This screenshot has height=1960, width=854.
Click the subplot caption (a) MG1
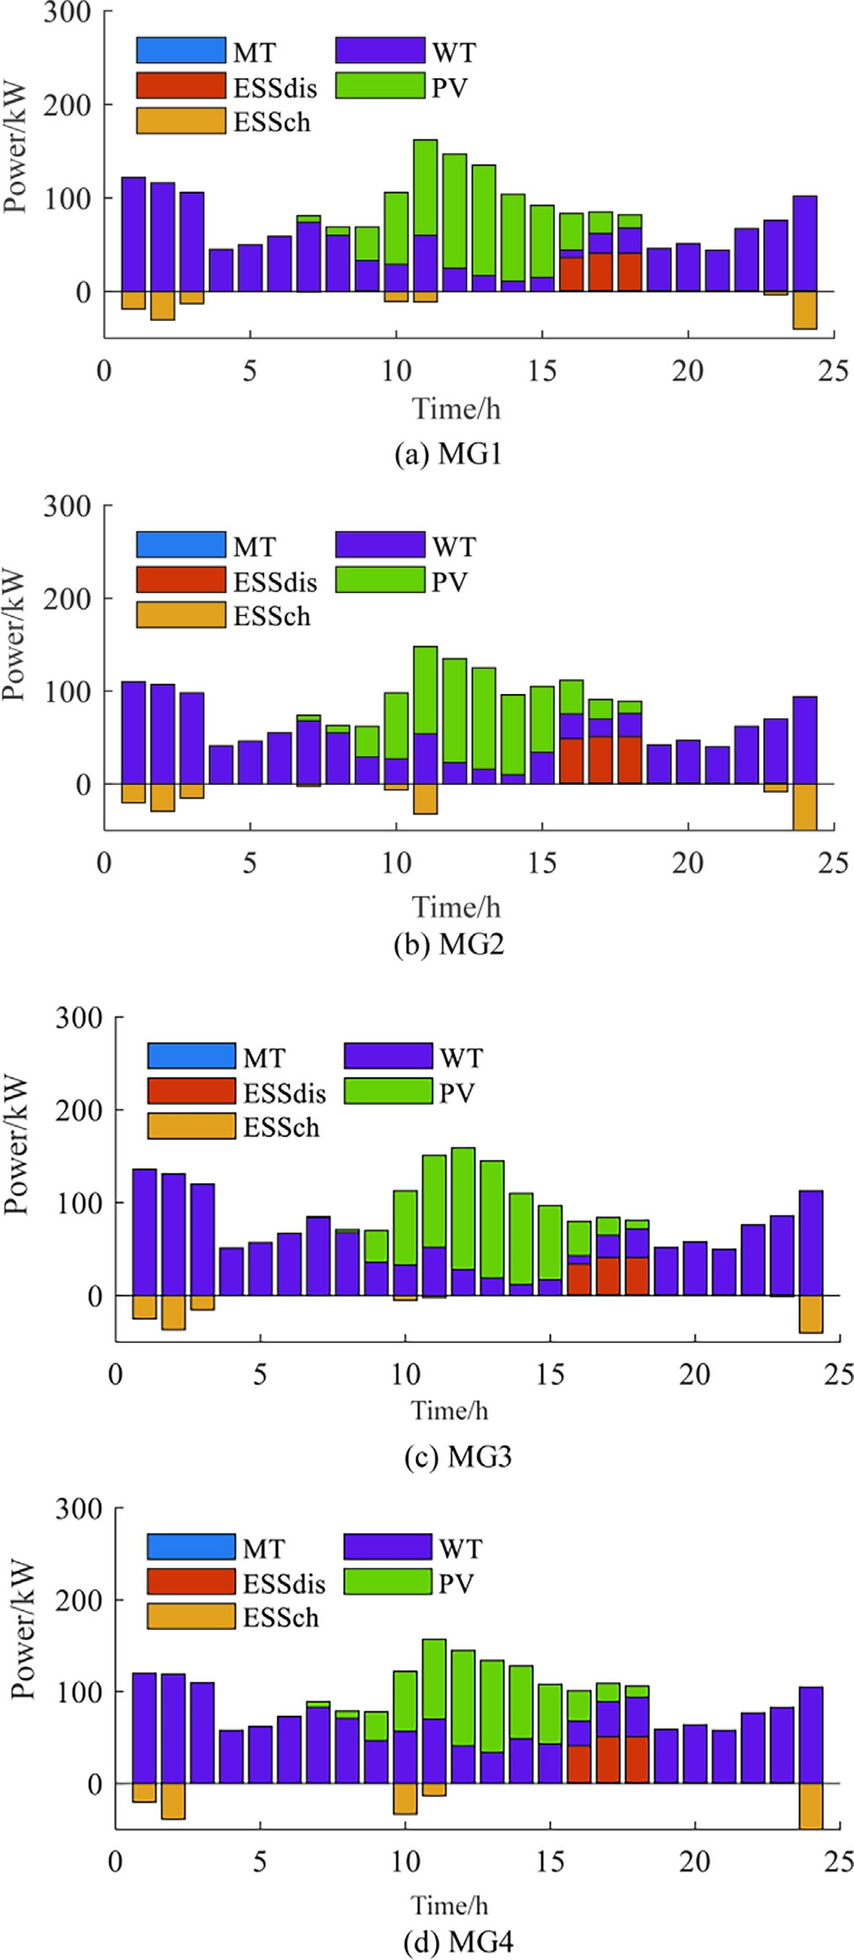click(448, 454)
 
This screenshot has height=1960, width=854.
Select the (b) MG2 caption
click(448, 944)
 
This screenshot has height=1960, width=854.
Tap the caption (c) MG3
click(457, 1456)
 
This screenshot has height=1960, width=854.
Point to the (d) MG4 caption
click(457, 1941)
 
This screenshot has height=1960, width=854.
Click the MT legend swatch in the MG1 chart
click(181, 51)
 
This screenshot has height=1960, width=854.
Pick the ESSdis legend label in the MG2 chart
click(275, 582)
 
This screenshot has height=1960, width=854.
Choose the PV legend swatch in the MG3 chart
click(388, 1092)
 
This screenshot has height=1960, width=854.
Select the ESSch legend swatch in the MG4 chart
click(191, 1616)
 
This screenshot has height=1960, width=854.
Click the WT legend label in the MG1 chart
click(454, 52)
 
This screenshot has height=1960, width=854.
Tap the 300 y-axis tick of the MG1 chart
click(67, 13)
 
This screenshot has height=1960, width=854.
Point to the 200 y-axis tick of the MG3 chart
click(78, 1110)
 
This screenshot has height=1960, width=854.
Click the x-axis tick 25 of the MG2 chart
click(833, 863)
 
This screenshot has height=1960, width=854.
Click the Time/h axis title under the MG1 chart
click(456, 409)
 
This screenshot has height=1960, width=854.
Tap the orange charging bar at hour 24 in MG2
click(804, 806)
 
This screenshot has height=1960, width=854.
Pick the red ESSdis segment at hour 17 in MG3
click(608, 1275)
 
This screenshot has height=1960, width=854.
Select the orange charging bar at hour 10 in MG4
click(405, 1798)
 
